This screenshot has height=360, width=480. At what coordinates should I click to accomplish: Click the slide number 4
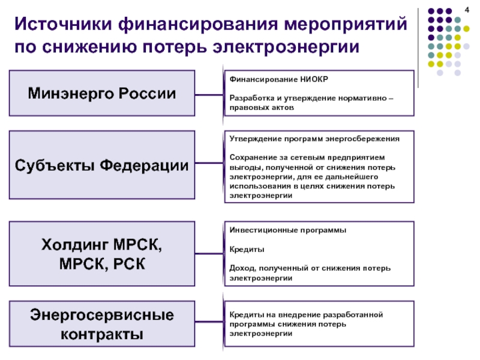[467, 10]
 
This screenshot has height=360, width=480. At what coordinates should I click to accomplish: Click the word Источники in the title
[63, 23]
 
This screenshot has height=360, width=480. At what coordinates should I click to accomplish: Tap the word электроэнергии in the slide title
[286, 47]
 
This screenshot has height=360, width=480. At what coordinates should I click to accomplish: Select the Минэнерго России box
[102, 93]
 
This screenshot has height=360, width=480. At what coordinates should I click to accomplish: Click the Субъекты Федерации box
[102, 165]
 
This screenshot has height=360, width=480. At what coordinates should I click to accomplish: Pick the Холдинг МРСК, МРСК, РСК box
[102, 254]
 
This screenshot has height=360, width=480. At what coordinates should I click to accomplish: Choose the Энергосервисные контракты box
[102, 324]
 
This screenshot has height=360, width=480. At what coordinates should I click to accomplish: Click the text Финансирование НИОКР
[279, 79]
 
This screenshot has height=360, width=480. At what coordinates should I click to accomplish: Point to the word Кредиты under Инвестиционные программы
[247, 250]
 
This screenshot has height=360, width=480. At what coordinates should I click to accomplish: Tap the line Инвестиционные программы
[288, 230]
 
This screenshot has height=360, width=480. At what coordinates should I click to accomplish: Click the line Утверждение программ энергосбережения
[314, 139]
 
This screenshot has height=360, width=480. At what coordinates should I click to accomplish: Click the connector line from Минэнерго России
[209, 95]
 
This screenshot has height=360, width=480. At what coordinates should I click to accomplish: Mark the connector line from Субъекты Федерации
[209, 163]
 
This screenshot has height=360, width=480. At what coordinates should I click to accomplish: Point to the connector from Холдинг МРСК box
[209, 253]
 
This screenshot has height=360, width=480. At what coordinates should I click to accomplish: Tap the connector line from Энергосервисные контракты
[209, 322]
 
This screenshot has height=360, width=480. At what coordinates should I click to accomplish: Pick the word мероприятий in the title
[346, 25]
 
